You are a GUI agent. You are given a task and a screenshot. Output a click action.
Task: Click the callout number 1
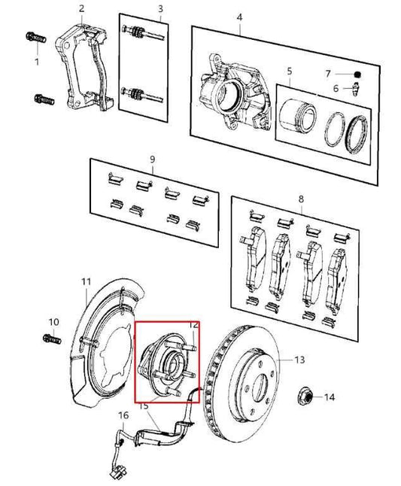tap(36, 61)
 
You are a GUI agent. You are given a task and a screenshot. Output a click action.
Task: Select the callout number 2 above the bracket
tap(81, 9)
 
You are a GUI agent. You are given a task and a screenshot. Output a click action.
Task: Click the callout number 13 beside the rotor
tap(299, 360)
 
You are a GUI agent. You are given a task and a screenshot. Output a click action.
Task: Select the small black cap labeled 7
tap(358, 74)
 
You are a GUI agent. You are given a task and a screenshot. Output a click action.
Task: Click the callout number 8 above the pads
tap(301, 200)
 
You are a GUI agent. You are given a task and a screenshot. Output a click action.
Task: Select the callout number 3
tap(159, 9)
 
